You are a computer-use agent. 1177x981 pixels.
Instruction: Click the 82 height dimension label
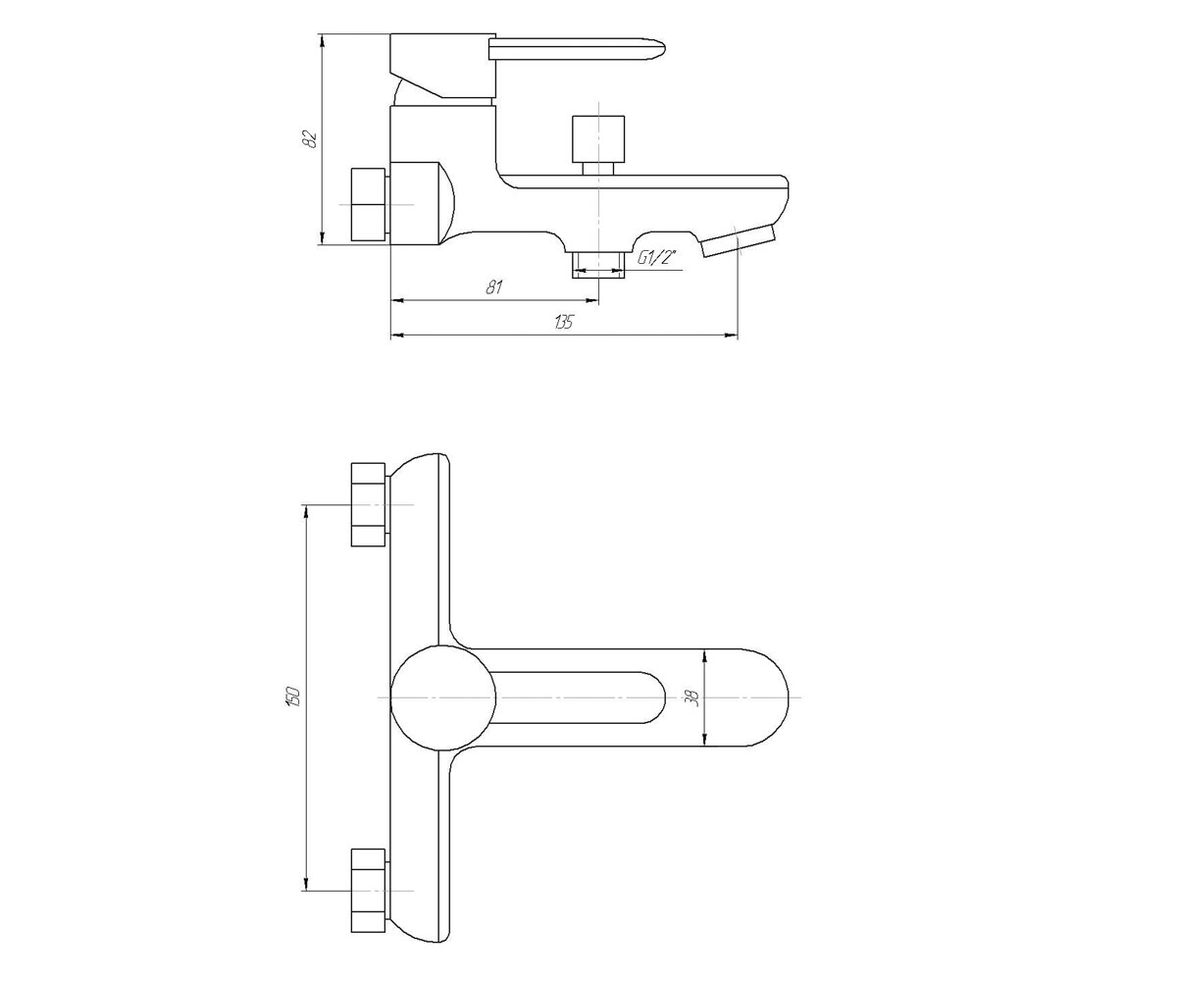coord(310,138)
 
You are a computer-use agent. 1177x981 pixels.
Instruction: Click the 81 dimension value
coord(493,287)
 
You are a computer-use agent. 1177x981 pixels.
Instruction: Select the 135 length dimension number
coord(564,322)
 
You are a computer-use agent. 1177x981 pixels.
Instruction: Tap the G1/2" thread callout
coord(657,258)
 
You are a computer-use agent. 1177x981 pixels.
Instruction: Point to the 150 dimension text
coord(293,697)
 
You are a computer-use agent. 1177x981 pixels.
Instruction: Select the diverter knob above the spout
coord(598,145)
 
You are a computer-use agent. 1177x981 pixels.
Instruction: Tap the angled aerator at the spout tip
coord(738,240)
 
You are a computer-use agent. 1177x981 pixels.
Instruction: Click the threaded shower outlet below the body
coord(598,265)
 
